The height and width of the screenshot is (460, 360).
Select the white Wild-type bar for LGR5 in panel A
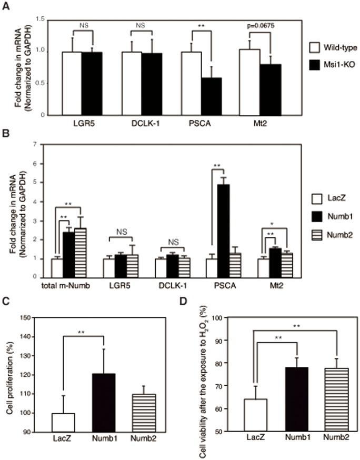pyautogui.click(x=72, y=83)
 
